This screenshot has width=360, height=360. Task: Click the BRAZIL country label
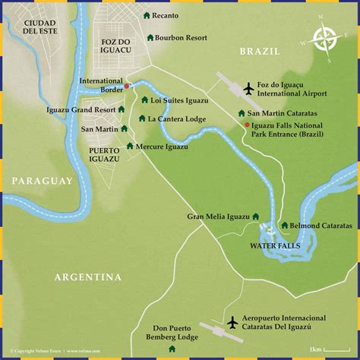pyautogui.click(x=261, y=51)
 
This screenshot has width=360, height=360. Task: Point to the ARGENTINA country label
pyautogui.click(x=87, y=277)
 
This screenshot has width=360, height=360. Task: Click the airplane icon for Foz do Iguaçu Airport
pyautogui.click(x=248, y=90)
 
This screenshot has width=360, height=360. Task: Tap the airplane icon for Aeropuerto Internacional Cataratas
pyautogui.click(x=232, y=323)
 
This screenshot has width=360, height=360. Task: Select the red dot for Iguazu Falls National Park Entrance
pyautogui.click(x=247, y=125)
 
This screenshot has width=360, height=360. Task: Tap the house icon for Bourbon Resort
pyautogui.click(x=150, y=36)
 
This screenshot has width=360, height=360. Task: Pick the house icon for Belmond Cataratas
pyautogui.click(x=284, y=225)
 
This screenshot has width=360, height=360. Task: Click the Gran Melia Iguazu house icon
pyautogui.click(x=255, y=216)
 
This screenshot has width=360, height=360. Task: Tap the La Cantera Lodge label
pyautogui.click(x=177, y=118)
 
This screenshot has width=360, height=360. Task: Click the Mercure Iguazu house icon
pyautogui.click(x=130, y=146)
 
